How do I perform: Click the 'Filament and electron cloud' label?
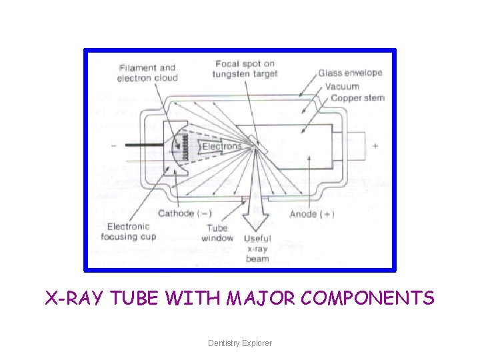coord(147,73)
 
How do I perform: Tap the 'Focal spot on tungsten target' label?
coord(245,69)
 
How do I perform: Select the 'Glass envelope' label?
coord(350,73)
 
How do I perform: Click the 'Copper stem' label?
coord(357,98)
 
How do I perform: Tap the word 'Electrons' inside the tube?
coord(221,146)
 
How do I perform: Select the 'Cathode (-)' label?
coord(185,213)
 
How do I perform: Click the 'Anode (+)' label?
coord(312,214)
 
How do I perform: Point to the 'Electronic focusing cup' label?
coord(128,231)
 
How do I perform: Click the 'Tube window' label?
coord(217,233)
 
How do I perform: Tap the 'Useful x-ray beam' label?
coord(257,248)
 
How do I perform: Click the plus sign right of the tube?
coord(375,145)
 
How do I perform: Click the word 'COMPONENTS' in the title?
coord(367,298)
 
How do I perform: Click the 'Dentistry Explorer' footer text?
coord(240,343)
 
